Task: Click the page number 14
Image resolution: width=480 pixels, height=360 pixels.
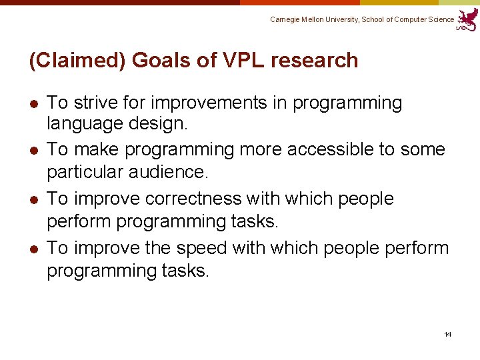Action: (447, 334)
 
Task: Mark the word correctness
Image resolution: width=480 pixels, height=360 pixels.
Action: (204, 199)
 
